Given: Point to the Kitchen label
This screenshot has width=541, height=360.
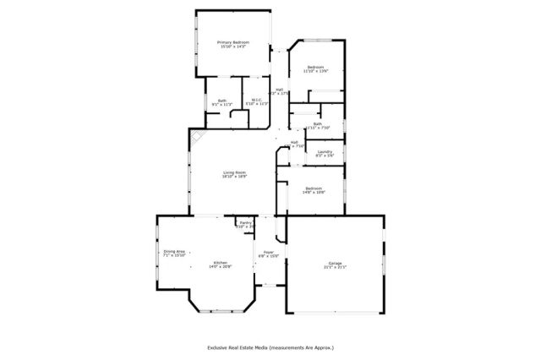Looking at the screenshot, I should (220, 263).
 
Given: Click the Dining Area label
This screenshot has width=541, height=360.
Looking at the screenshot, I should (174, 251).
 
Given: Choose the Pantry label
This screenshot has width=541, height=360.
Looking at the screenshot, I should (244, 223).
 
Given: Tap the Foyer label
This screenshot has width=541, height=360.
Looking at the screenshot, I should (268, 252).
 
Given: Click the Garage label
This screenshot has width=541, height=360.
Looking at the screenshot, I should (335, 263).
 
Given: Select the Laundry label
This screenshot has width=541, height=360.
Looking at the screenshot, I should (325, 152).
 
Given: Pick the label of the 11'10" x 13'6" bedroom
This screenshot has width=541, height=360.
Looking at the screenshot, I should (316, 67).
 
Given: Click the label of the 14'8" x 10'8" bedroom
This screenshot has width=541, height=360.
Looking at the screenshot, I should (314, 188).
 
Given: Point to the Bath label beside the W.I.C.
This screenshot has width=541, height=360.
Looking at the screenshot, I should (222, 101).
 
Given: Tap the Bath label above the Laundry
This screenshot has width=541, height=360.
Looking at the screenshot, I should (317, 124).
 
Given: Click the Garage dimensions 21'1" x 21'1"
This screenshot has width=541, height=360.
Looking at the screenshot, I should (335, 267).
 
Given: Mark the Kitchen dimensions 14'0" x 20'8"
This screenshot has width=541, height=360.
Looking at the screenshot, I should (220, 267).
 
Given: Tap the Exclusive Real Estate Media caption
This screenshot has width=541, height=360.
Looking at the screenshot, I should (270, 346).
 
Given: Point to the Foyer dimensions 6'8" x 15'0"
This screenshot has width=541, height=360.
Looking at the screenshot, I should (268, 256).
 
